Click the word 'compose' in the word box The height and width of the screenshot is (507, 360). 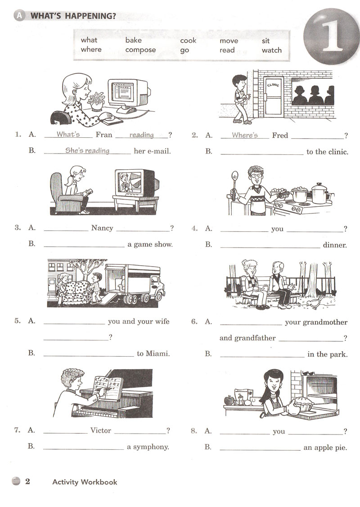(x=140, y=50)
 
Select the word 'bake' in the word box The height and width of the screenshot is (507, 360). (x=134, y=40)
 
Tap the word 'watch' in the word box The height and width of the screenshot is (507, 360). (x=271, y=50)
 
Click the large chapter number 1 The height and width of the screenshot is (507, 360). (x=331, y=35)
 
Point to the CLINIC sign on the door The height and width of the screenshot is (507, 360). (x=273, y=85)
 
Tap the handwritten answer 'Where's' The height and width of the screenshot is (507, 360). (x=245, y=135)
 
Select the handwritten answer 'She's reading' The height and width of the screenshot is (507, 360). (x=87, y=150)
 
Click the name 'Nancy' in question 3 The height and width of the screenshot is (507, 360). (x=102, y=228)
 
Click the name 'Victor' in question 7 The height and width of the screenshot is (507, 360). (x=100, y=430)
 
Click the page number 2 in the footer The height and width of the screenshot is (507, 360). (x=27, y=481)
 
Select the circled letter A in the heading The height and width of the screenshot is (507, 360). (x=20, y=15)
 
